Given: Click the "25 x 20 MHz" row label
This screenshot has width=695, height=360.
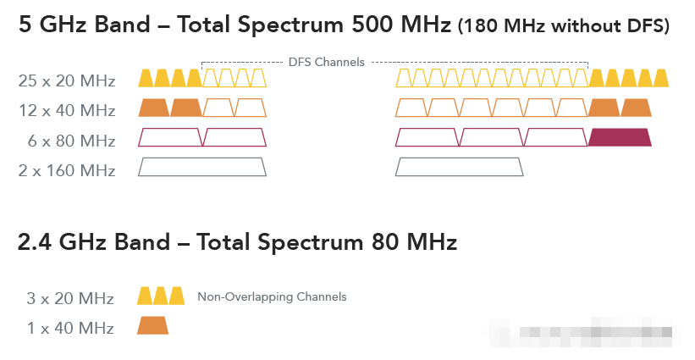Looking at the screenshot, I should pyautogui.click(x=66, y=81).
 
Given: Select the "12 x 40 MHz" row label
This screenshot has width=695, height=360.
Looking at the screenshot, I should pyautogui.click(x=66, y=110).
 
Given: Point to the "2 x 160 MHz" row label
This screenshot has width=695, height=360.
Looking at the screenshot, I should pyautogui.click(x=66, y=169).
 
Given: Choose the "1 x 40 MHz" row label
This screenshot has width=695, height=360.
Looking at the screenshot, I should pyautogui.click(x=72, y=327).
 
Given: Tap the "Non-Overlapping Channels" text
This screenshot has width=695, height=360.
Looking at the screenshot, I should pyautogui.click(x=272, y=297).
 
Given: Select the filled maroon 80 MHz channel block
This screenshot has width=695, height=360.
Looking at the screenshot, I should pyautogui.click(x=620, y=137).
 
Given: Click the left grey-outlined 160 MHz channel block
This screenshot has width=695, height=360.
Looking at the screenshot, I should pyautogui.click(x=202, y=167).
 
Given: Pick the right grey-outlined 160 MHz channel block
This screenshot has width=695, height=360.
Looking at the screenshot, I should pyautogui.click(x=460, y=167).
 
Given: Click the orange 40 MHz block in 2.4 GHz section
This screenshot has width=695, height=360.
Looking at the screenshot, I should pyautogui.click(x=152, y=325).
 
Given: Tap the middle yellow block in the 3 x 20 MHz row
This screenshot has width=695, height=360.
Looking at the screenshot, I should pyautogui.click(x=161, y=296).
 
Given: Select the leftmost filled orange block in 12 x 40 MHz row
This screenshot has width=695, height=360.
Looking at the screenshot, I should pyautogui.click(x=153, y=108).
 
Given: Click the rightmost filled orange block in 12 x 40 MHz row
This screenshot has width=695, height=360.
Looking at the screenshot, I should pyautogui.click(x=636, y=108).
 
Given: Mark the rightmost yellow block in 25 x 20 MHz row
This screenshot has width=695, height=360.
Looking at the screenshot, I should pyautogui.click(x=661, y=79).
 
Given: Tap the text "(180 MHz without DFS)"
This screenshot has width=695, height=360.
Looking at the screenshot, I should pyautogui.click(x=563, y=27).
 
